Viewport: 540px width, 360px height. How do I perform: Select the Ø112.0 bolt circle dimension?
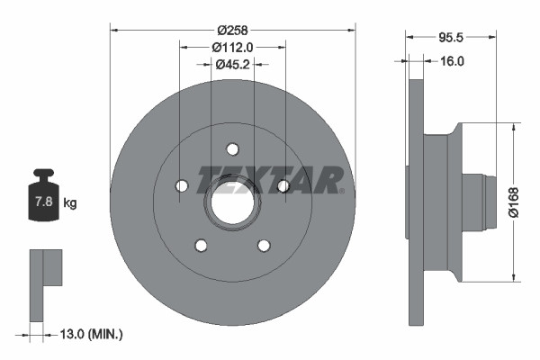point(232,47)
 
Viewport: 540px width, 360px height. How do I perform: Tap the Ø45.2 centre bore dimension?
point(232,63)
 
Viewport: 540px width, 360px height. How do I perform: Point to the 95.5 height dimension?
point(451,38)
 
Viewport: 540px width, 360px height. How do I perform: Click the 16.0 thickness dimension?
point(451,61)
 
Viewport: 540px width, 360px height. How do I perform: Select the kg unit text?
point(70,203)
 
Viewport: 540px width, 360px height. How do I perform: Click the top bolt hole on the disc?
point(232,148)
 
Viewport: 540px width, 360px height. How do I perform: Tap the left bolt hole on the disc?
point(181,185)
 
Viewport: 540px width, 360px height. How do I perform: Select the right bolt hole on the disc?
point(283,185)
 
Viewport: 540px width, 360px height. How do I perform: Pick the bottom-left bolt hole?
point(201,245)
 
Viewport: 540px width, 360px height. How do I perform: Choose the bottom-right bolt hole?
point(264,245)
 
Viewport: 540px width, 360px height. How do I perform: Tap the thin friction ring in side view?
point(416,202)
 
